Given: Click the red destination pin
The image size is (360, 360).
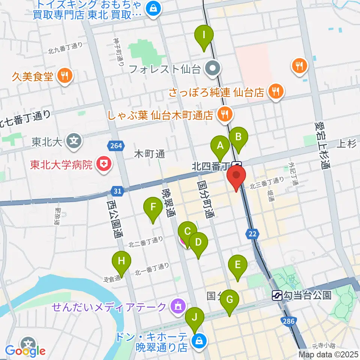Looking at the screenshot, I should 236,178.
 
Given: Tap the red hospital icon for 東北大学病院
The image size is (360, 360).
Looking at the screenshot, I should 102,163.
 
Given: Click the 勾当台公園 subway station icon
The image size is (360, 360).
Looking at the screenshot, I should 277,295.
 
